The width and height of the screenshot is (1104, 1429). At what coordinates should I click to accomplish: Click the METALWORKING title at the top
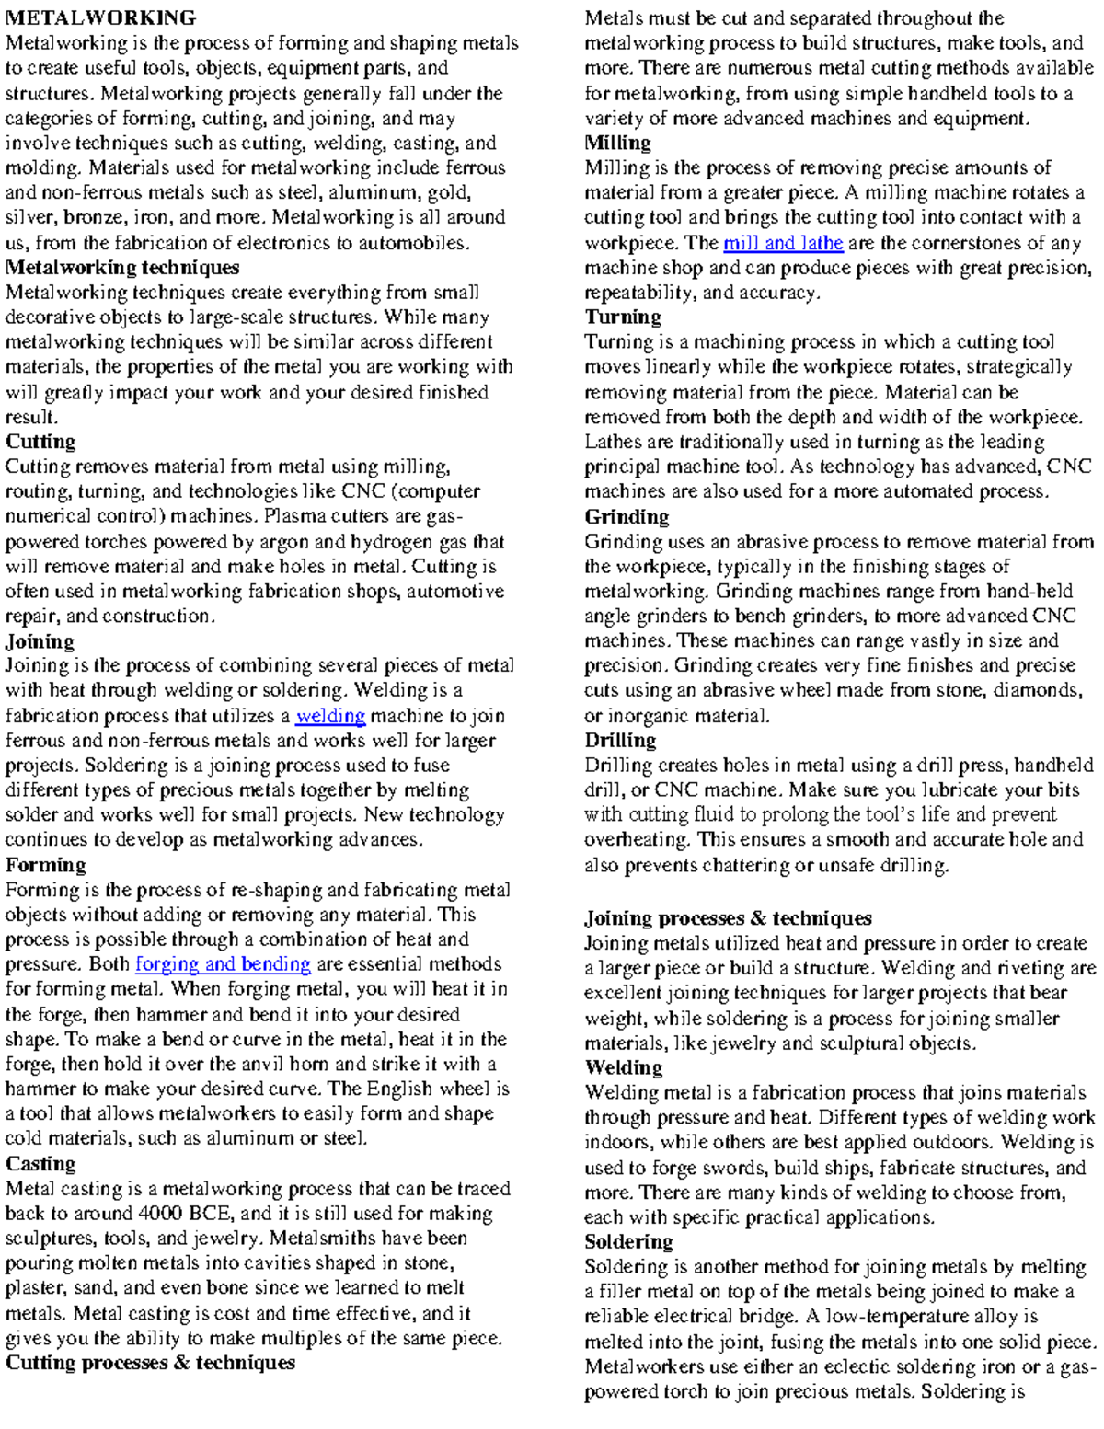(x=100, y=17)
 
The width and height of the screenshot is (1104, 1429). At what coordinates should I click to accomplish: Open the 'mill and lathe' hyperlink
(x=783, y=243)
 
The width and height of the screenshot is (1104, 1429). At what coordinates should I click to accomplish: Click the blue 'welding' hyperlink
(x=330, y=716)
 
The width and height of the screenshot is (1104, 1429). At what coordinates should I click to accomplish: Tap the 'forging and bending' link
(x=223, y=964)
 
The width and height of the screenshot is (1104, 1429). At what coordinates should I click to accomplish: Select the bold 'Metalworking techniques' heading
(x=122, y=268)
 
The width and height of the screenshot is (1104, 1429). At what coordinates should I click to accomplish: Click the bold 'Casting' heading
(x=40, y=1164)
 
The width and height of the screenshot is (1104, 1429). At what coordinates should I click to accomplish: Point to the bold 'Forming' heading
(x=46, y=865)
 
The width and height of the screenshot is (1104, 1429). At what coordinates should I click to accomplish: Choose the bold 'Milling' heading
(x=618, y=143)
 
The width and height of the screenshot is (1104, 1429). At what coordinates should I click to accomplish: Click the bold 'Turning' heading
(x=623, y=317)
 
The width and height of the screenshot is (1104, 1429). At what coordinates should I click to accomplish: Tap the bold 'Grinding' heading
(x=627, y=517)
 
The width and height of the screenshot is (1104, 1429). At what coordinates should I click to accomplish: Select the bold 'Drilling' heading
(x=621, y=741)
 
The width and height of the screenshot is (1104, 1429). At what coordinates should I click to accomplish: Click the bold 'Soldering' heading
(x=629, y=1242)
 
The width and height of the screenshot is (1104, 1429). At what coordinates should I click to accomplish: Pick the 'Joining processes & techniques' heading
(x=729, y=918)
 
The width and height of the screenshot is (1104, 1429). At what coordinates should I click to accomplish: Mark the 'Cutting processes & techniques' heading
(x=150, y=1363)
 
